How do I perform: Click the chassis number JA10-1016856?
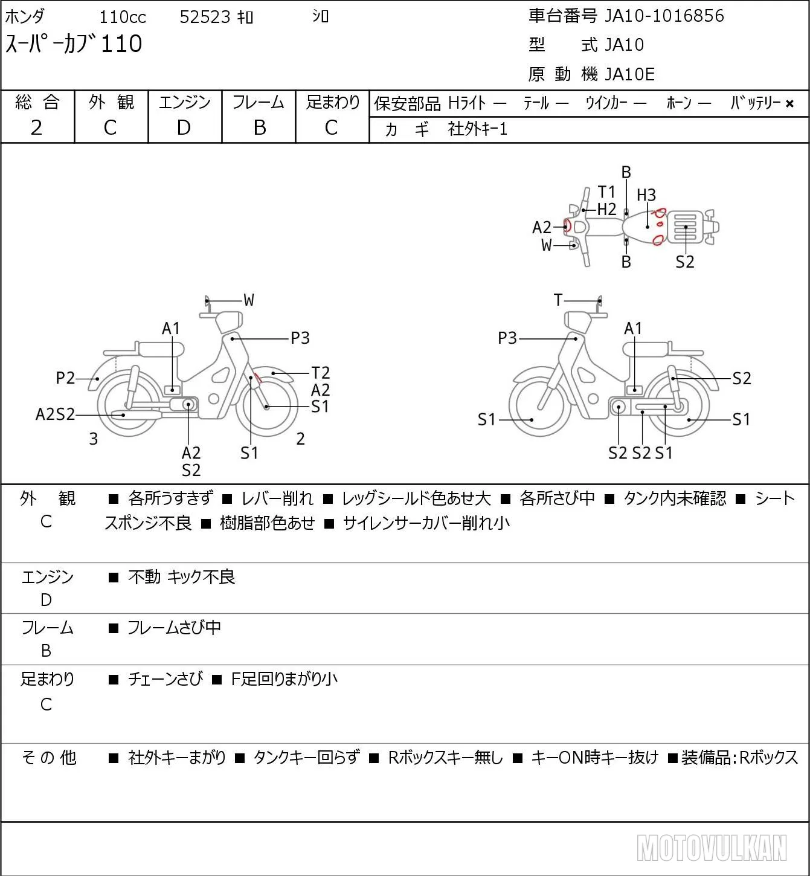coord(664,16)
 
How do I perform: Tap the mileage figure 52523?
coord(205,17)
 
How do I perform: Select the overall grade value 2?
coord(36,128)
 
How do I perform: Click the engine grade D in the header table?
coord(184,128)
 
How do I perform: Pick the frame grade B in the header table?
coord(259,128)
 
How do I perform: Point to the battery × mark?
coord(789,104)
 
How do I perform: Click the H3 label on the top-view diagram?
coord(646,195)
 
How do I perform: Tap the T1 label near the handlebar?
coord(606,192)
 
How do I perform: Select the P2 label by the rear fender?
coord(65,378)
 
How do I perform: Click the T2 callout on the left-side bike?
coord(320,373)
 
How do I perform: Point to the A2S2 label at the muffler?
coord(55,414)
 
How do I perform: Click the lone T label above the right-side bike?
coord(558,300)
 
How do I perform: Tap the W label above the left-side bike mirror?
coord(249,300)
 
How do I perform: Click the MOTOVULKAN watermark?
coord(712,848)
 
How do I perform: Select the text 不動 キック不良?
coord(182,577)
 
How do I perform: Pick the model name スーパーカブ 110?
coord(74,44)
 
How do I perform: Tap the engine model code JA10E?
coord(629,74)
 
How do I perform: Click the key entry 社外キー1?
coord(478,129)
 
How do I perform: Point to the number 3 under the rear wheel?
coord(93,439)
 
